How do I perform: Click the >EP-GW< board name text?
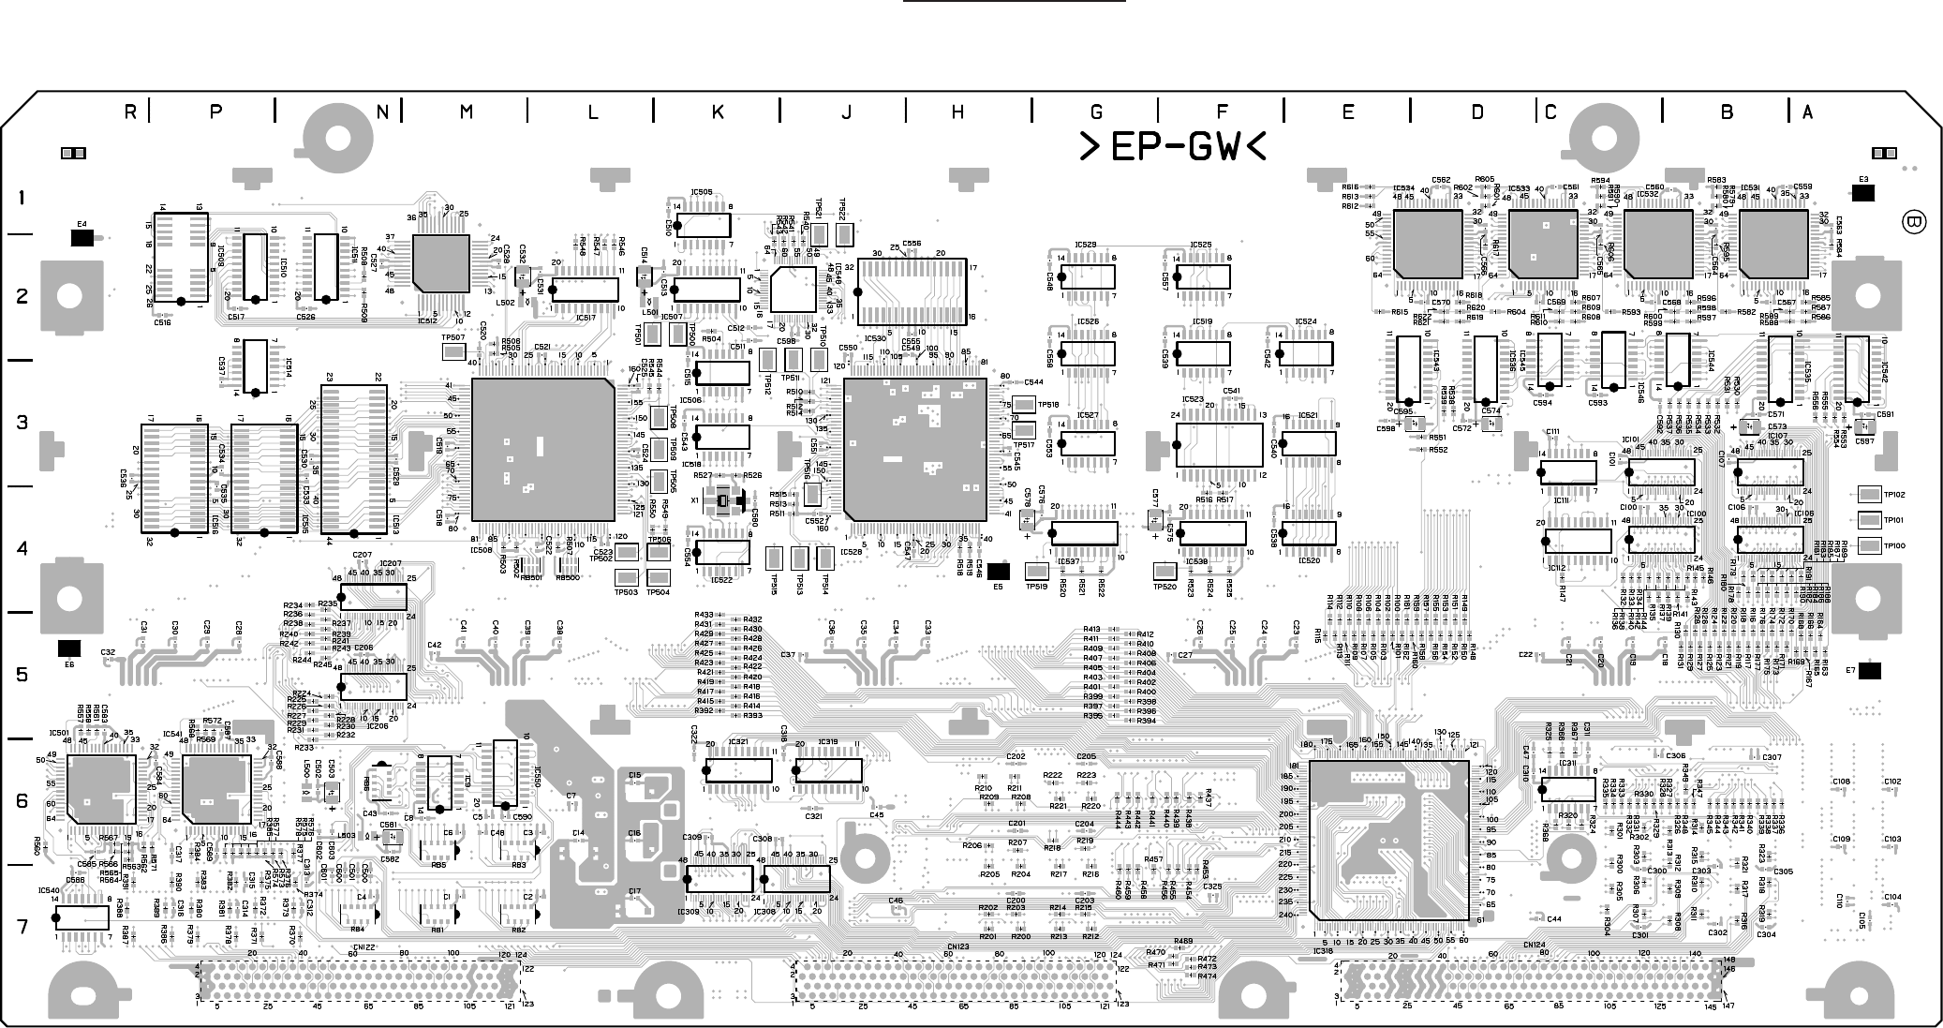coord(1173,147)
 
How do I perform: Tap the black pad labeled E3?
coord(1862,193)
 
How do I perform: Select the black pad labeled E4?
coord(82,238)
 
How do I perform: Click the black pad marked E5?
coord(999,571)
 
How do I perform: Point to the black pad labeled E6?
coord(68,648)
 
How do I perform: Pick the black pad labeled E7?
coord(1870,670)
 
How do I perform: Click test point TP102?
coord(1869,495)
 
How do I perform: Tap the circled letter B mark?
coord(1914,223)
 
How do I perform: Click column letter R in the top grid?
coord(131,112)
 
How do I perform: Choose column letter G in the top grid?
coord(1097,112)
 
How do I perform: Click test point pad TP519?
coord(1036,571)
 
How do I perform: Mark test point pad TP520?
coord(1164,571)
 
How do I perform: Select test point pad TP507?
coord(453,351)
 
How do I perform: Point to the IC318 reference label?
coord(1323,951)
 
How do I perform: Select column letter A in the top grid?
coord(1807,112)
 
